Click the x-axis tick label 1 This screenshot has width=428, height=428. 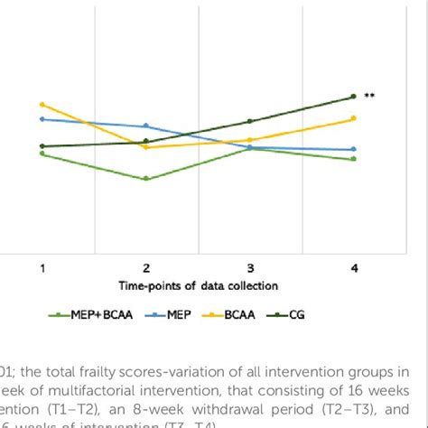tap(42, 268)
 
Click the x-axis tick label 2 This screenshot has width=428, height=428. tap(146, 268)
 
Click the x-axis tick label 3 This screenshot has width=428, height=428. tap(250, 268)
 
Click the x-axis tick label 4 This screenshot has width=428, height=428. tap(354, 268)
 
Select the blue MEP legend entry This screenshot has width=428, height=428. tap(174, 315)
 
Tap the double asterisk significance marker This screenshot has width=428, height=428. tap(369, 95)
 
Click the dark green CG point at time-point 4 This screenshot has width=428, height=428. tap(354, 97)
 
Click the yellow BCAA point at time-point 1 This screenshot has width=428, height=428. tap(42, 105)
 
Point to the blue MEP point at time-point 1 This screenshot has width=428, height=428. tap(42, 118)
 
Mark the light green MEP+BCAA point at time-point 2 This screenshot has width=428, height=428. tap(146, 179)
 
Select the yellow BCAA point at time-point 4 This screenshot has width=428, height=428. tap(354, 118)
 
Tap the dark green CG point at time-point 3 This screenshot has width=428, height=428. tap(250, 121)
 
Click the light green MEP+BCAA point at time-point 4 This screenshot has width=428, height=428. tap(354, 159)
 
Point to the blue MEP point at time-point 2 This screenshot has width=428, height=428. tap(146, 126)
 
